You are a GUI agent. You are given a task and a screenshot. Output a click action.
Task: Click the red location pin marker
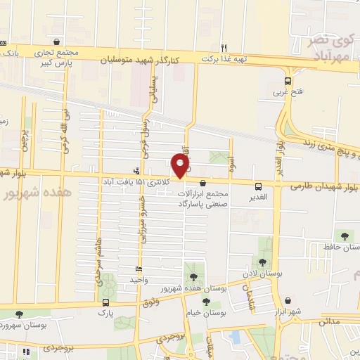(x=181, y=166)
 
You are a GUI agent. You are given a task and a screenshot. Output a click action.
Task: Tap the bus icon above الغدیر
(x=259, y=186)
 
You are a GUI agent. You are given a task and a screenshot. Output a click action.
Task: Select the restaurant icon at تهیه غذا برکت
(x=225, y=48)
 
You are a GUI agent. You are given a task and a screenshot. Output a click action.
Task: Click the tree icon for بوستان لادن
(x=262, y=263)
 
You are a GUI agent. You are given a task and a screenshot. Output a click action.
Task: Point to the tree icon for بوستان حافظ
(x=345, y=236)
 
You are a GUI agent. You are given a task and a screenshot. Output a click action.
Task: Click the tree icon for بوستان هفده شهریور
(x=191, y=277)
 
